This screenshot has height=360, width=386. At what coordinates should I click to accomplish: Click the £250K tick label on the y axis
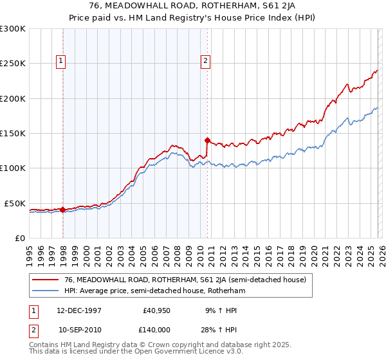[x=13, y=64]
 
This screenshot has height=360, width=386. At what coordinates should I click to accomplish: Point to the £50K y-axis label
[x=15, y=203]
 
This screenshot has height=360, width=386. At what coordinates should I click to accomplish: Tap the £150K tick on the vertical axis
[x=13, y=133]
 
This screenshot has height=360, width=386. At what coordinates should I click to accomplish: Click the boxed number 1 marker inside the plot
[x=61, y=62]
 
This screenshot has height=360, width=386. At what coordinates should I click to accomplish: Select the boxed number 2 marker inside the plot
[x=205, y=62]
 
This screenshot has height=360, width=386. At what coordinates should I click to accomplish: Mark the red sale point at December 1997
[x=63, y=210]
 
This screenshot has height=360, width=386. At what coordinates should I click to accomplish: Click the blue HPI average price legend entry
[x=155, y=291]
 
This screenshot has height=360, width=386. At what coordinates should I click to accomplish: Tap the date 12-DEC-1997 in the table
[x=79, y=310]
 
